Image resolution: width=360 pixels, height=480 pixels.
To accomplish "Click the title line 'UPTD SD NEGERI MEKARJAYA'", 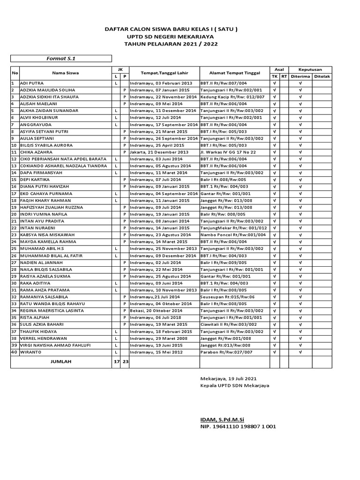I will click(x=171, y=37).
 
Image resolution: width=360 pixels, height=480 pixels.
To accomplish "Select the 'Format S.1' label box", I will click(x=61, y=59).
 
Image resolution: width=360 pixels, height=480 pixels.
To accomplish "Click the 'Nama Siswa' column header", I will click(x=65, y=73).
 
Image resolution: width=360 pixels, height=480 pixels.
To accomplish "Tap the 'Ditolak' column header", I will click(x=322, y=76).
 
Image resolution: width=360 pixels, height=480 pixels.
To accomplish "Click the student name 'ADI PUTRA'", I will click(x=32, y=83).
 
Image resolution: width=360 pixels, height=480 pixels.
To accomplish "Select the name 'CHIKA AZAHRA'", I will click(x=36, y=152).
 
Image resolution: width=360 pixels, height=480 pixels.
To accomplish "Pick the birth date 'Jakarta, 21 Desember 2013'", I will click(x=159, y=152).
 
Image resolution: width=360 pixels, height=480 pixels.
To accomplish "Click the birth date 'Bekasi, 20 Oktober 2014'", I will click(x=157, y=311).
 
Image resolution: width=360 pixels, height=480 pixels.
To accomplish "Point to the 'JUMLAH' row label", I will click(x=61, y=362).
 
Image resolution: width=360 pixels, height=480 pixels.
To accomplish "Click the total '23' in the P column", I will click(x=125, y=362).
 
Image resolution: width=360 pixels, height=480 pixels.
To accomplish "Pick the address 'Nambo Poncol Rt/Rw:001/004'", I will click(x=233, y=235).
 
